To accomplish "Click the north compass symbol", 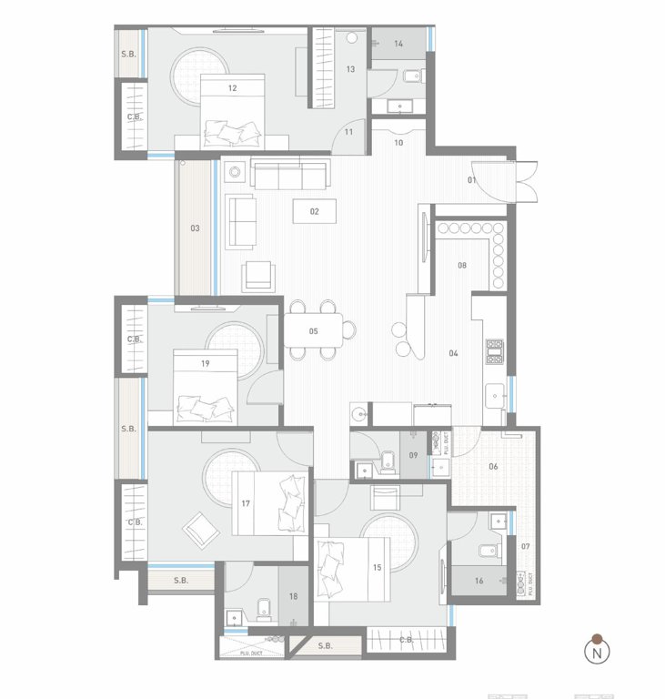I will click(597, 651).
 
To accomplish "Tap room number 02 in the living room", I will click(315, 211).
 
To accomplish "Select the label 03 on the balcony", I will click(195, 228).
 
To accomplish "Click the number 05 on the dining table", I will click(313, 331).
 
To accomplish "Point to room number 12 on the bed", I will click(233, 88).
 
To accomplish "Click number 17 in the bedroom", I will click(246, 503).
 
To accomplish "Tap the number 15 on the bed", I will click(376, 568).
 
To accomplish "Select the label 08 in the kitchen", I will click(462, 266).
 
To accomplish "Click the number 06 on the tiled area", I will click(493, 466).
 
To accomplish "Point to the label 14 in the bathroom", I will click(398, 44).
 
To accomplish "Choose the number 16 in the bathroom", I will click(479, 579).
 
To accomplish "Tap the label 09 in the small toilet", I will click(413, 455).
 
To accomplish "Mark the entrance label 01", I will click(472, 180).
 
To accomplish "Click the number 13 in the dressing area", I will click(350, 69).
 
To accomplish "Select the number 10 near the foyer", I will click(398, 143).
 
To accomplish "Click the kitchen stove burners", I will click(495, 351).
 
